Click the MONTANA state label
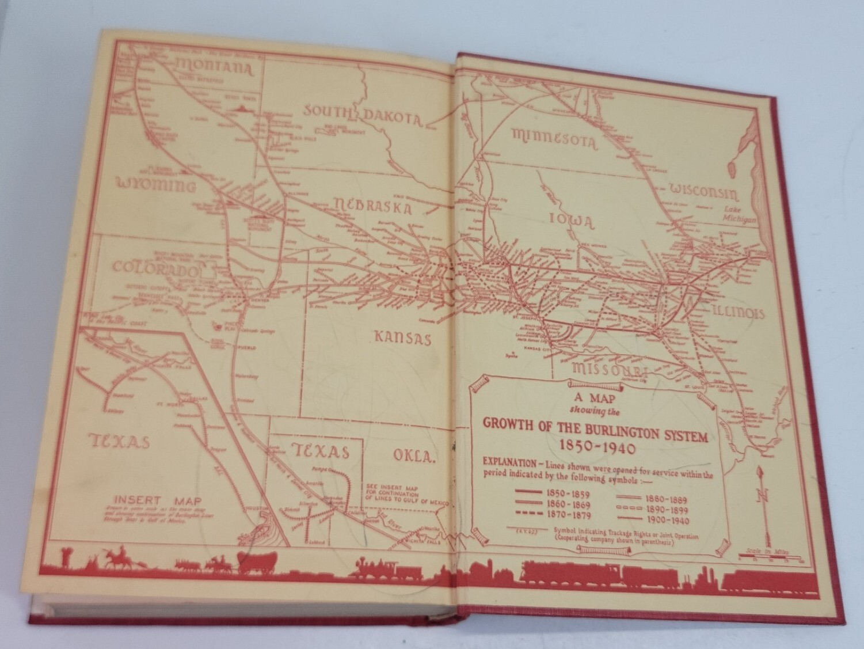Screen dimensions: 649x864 [x=215, y=68]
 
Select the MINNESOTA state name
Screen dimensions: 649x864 [x=555, y=139]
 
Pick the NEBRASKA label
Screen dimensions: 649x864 [x=372, y=206]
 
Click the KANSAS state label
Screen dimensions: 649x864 [x=402, y=337]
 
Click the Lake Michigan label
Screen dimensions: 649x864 [x=740, y=214]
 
